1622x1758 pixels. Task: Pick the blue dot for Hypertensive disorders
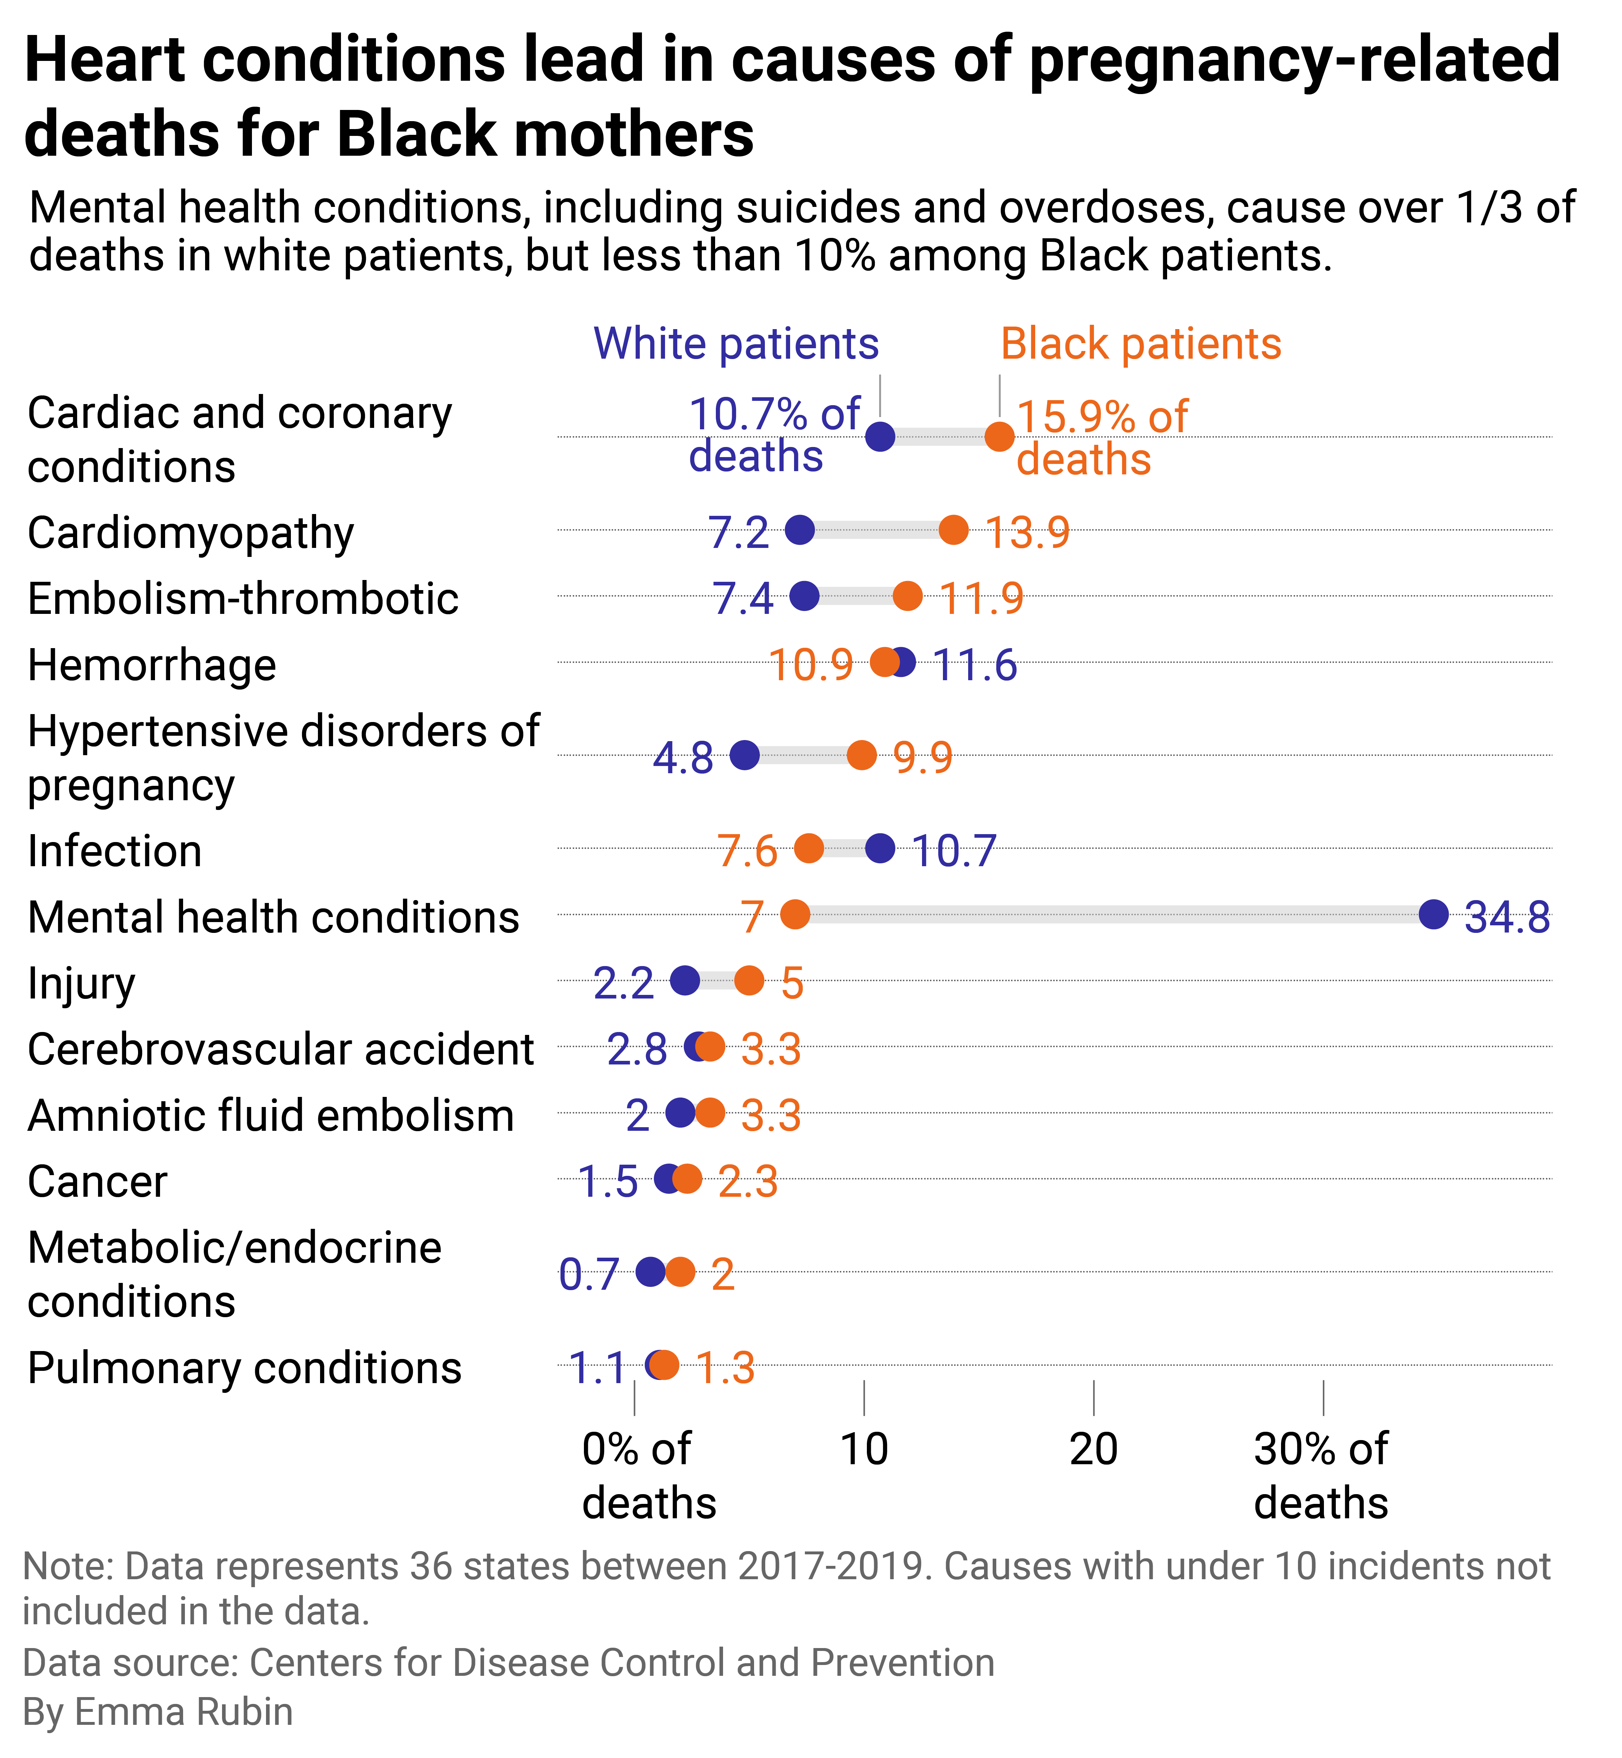coord(744,755)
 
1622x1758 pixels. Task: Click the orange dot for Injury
coord(749,980)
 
